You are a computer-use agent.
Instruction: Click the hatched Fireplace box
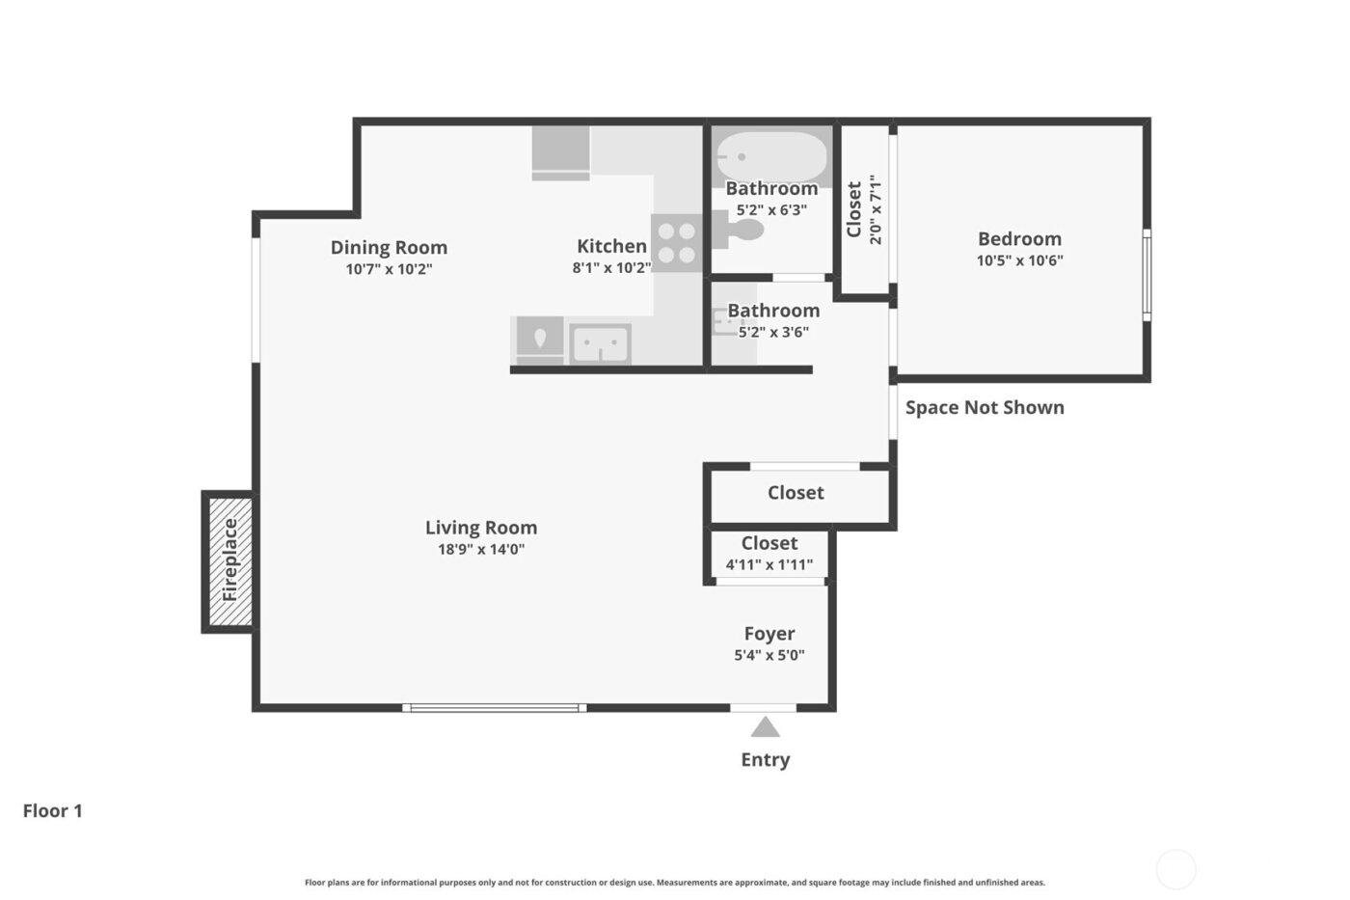pos(230,561)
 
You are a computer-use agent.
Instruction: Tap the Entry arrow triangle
pos(765,727)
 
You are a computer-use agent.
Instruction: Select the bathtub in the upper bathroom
pos(771,157)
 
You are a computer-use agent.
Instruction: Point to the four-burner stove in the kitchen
pos(676,242)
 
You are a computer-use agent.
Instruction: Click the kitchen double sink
pos(600,343)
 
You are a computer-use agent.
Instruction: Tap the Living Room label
pos(480,528)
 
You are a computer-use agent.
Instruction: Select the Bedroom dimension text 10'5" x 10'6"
pos(1019,260)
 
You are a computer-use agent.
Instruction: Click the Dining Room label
pos(389,247)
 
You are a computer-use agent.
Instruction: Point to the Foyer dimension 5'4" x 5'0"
pos(769,655)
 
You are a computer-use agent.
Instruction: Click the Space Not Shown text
pos(985,407)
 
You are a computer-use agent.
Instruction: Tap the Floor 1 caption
pos(53,810)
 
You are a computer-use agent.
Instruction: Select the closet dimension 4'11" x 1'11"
pos(769,564)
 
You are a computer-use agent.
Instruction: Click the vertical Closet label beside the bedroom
pos(854,209)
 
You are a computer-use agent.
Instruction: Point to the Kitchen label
pos(611,246)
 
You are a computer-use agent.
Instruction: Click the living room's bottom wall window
pos(494,708)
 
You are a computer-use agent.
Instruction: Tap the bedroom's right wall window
pos(1147,274)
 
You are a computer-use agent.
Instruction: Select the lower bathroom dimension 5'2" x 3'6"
pos(772,332)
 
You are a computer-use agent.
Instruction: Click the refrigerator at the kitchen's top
pos(560,152)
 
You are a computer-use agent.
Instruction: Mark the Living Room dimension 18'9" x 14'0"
pos(480,550)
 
